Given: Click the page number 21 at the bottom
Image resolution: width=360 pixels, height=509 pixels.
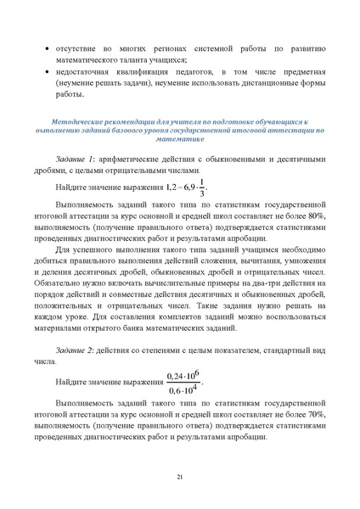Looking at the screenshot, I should [180, 478].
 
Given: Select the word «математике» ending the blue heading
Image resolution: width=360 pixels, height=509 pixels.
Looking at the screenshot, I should [180, 145].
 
